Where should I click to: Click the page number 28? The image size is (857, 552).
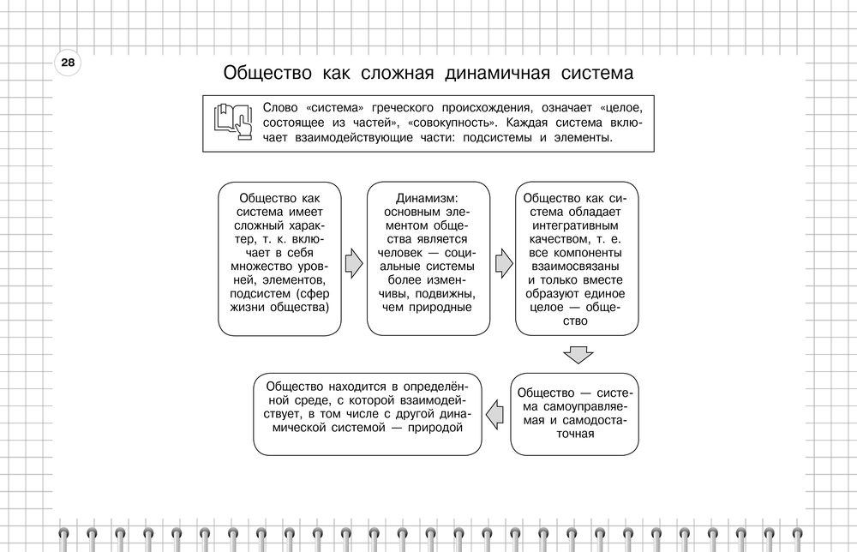(67, 63)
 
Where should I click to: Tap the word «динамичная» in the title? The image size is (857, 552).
(496, 73)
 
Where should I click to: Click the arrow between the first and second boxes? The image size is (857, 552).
(352, 264)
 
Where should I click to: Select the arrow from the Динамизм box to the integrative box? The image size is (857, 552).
(502, 264)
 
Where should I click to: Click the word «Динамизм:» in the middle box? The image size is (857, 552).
(428, 197)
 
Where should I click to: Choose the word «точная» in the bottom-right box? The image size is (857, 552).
(574, 434)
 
